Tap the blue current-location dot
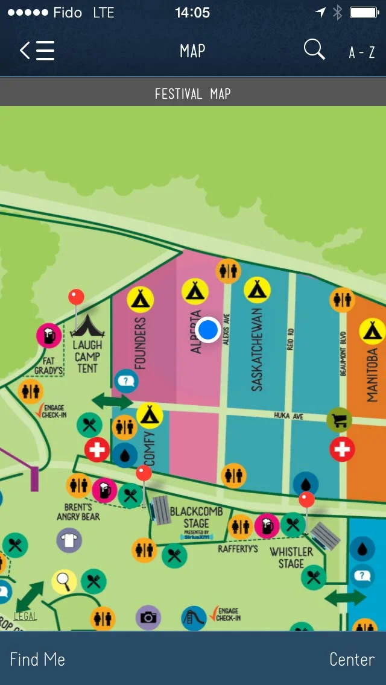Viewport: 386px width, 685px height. (208, 330)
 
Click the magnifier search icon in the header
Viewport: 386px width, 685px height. (314, 49)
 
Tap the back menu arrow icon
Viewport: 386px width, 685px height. (37, 51)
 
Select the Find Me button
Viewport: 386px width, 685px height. (37, 659)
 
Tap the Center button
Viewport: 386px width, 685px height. (352, 659)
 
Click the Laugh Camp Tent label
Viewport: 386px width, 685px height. (87, 356)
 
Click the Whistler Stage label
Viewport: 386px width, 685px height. (291, 558)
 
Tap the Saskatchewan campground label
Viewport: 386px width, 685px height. (257, 350)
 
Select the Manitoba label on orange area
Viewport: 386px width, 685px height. (372, 374)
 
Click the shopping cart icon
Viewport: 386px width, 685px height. (340, 420)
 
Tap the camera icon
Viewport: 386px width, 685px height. (148, 617)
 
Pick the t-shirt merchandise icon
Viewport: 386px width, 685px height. (69, 540)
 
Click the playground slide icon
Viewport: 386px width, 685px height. (194, 618)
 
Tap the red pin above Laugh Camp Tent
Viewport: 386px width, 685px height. (76, 297)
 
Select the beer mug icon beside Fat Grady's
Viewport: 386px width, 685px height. (49, 336)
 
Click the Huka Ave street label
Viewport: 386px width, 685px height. (288, 416)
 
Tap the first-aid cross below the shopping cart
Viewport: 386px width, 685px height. (342, 449)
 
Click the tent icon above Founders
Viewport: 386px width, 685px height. (141, 298)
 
